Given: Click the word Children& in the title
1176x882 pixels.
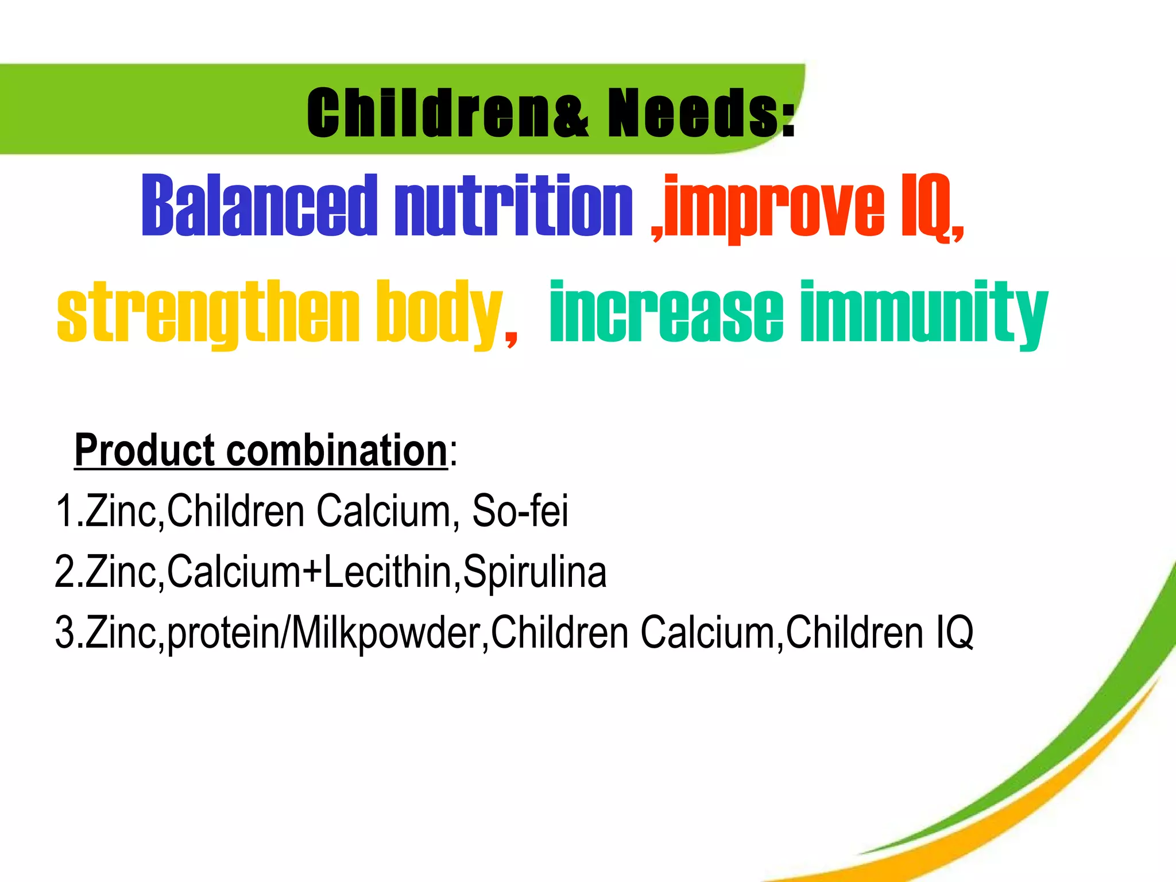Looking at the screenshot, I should pos(448,113).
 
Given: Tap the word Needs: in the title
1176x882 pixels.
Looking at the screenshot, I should pos(701,113).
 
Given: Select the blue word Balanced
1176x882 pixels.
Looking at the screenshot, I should pos(259,206).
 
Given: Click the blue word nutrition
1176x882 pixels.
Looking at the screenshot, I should pos(513,206).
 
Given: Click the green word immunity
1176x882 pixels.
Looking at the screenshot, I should pos(924,313).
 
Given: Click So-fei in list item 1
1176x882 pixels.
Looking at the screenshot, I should pos(520,510).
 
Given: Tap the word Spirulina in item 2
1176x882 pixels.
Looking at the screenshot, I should pos(535,572).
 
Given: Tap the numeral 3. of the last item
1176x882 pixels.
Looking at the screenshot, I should pos(68,632).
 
